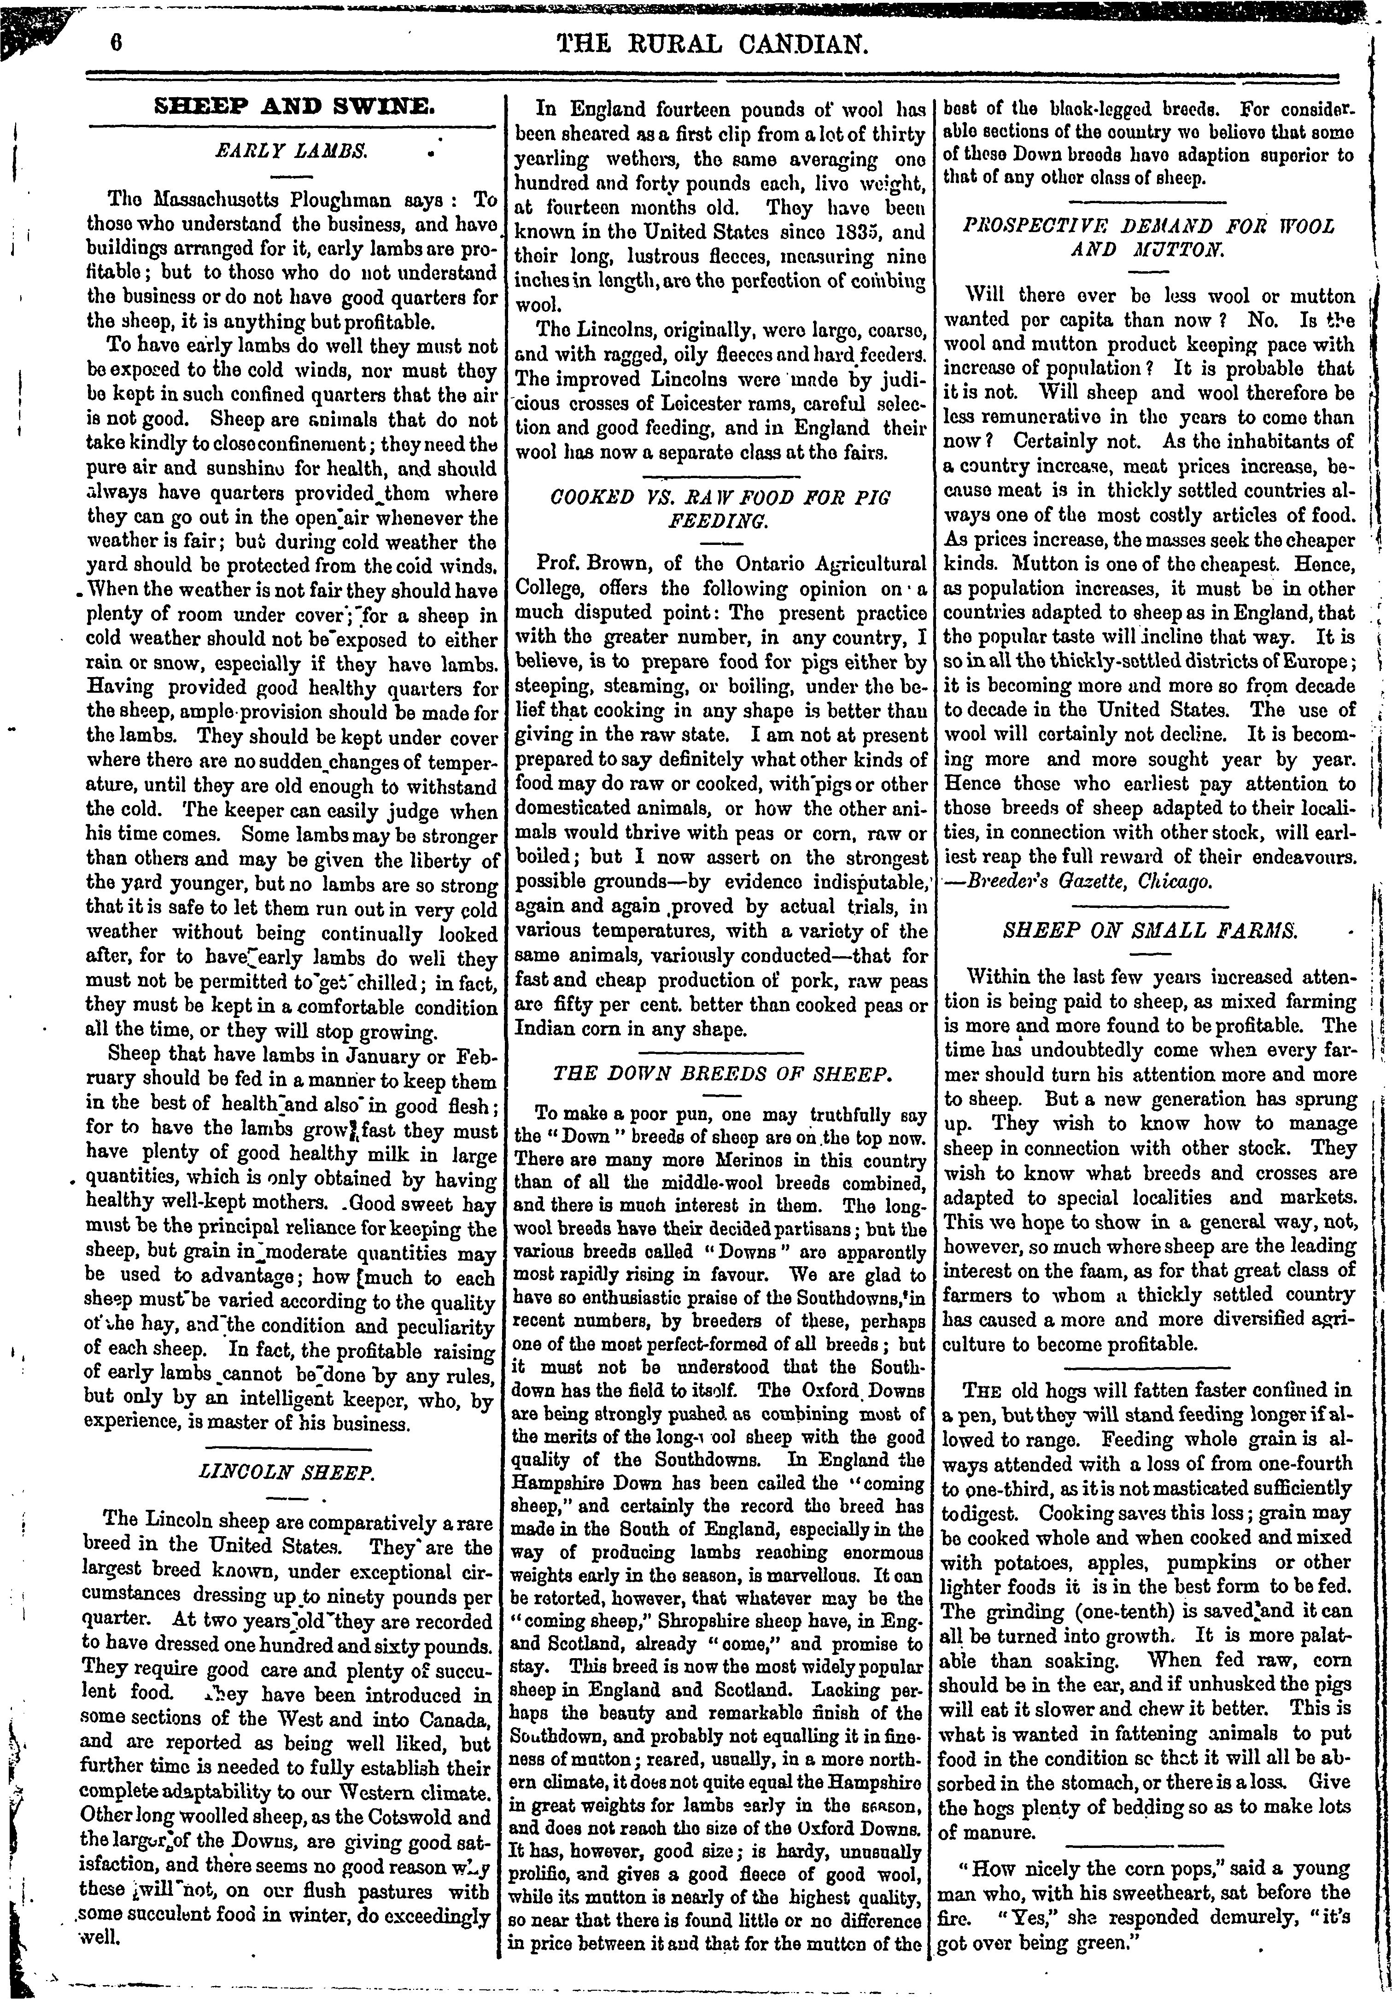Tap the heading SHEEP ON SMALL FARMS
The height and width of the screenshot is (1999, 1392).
tap(1149, 930)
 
